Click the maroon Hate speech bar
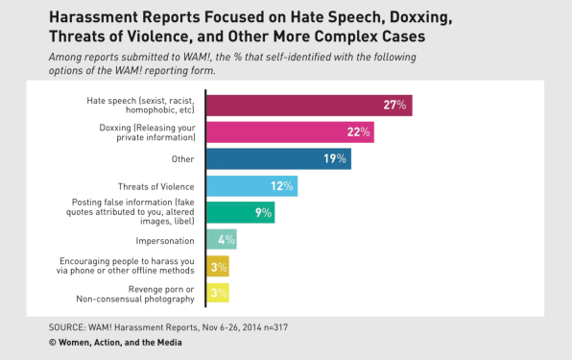[308, 105]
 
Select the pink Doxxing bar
[289, 132]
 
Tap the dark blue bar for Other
[277, 158]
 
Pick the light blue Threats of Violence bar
[250, 185]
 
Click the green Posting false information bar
[240, 212]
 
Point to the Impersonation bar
[221, 239]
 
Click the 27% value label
[394, 105]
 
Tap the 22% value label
[356, 132]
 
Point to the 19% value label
[334, 158]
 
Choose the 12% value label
[280, 185]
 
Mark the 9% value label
[261, 212]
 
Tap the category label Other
[182, 159]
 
